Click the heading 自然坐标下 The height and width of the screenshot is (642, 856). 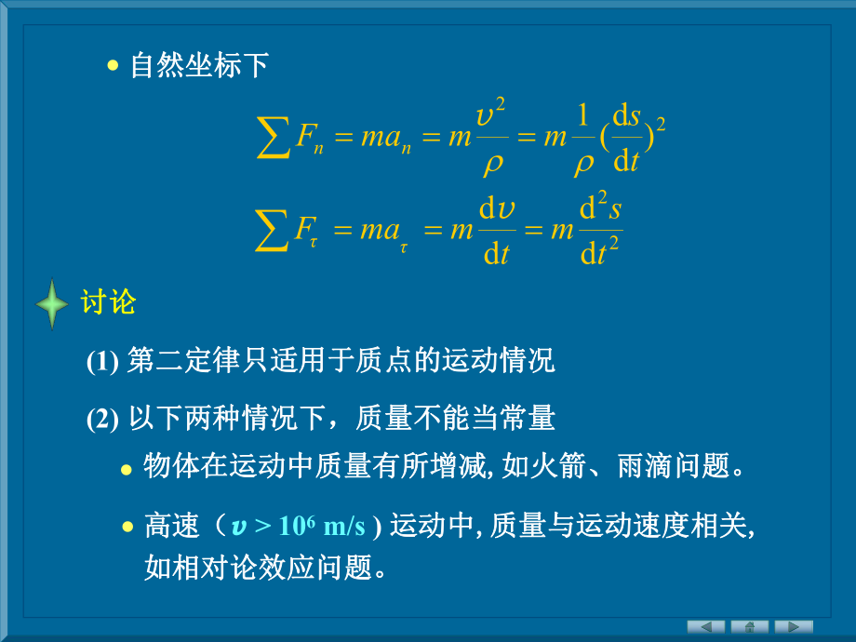tap(199, 66)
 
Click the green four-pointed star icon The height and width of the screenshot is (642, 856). tap(52, 304)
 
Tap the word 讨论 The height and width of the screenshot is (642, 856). tap(109, 302)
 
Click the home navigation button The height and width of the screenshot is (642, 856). tap(749, 626)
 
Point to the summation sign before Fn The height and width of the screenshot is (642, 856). tap(274, 138)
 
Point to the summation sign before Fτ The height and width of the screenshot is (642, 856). tap(274, 230)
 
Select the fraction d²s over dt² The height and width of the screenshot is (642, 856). tap(600, 230)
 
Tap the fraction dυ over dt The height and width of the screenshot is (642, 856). tap(497, 230)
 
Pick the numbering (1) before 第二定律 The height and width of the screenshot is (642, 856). tap(102, 362)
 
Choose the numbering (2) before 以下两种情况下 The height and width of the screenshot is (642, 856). tap(102, 420)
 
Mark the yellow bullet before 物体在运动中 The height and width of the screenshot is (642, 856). tap(127, 469)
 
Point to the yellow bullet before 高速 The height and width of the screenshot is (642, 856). tap(127, 528)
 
